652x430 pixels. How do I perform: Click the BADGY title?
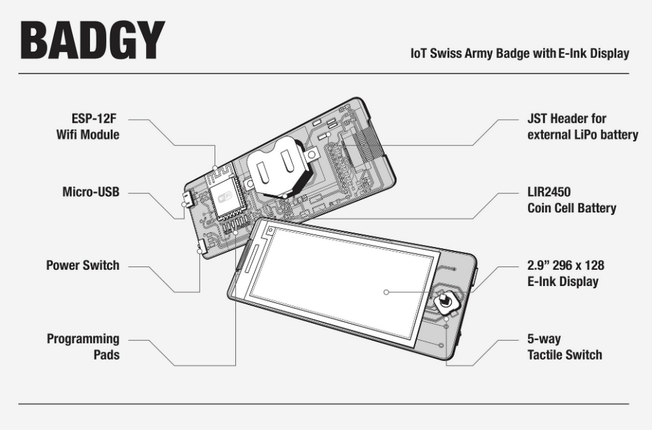point(92,41)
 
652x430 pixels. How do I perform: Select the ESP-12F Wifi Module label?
point(91,128)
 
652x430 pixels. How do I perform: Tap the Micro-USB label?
point(91,193)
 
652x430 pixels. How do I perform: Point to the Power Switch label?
point(83,266)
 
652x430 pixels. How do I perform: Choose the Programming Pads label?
point(83,347)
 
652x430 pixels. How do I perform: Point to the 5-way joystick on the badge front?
point(444,301)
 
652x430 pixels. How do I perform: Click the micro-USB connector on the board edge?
point(187,200)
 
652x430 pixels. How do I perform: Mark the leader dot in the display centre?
point(386,292)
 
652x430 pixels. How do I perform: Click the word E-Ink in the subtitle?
point(573,53)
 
